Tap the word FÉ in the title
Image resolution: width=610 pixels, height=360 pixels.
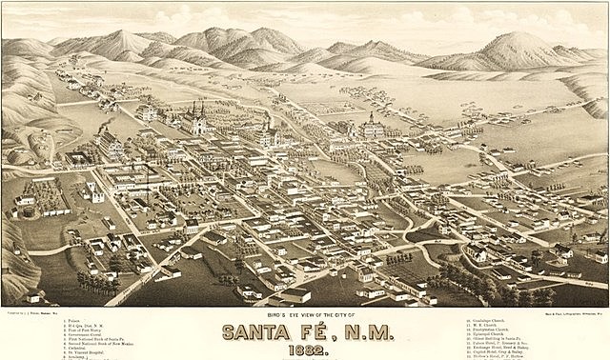point(331,332)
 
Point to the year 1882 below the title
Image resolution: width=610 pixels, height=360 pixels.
point(305,350)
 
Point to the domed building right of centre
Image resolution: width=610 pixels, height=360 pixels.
point(369,124)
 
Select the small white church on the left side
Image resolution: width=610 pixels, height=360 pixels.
point(93,190)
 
